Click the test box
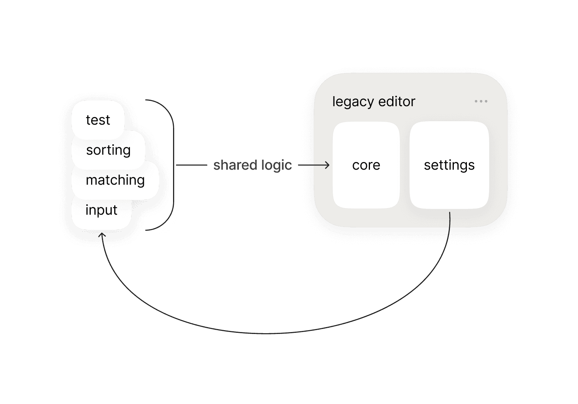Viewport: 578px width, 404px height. [x=98, y=120]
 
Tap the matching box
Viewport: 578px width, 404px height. [x=115, y=180]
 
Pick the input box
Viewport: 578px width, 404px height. [x=102, y=210]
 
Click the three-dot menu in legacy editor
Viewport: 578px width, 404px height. [x=481, y=101]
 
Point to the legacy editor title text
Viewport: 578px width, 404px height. [x=373, y=102]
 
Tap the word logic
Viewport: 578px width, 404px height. [x=276, y=165]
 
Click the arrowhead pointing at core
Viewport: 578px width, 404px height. [x=327, y=165]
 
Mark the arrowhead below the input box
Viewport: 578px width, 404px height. [x=102, y=234]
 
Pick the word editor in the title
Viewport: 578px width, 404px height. [x=397, y=102]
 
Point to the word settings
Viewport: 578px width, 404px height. [x=449, y=165]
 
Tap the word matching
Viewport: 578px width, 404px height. [x=115, y=180]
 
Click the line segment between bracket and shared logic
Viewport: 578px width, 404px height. [x=192, y=165]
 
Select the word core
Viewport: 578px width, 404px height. [x=366, y=165]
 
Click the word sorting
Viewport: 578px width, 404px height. [x=108, y=150]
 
